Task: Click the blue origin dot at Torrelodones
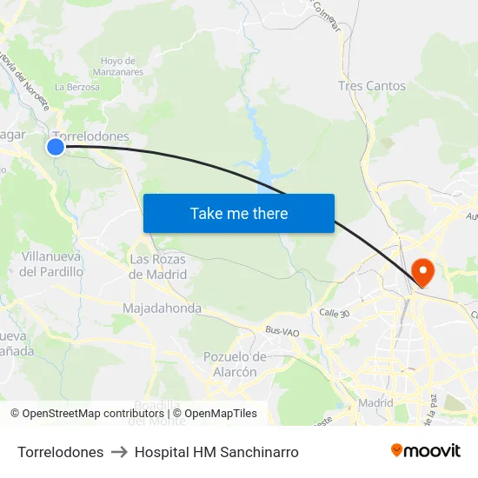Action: point(55,147)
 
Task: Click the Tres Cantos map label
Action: point(371,86)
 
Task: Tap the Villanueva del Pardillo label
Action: point(51,264)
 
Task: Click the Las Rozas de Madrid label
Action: point(157,267)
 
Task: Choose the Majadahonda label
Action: point(162,309)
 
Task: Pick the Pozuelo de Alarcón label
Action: point(235,364)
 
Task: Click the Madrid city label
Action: point(375,403)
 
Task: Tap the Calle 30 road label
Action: point(334,312)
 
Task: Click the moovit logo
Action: point(425,450)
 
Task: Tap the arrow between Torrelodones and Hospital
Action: point(119,452)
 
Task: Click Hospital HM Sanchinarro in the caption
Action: point(216,452)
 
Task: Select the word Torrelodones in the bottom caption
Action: point(60,452)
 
